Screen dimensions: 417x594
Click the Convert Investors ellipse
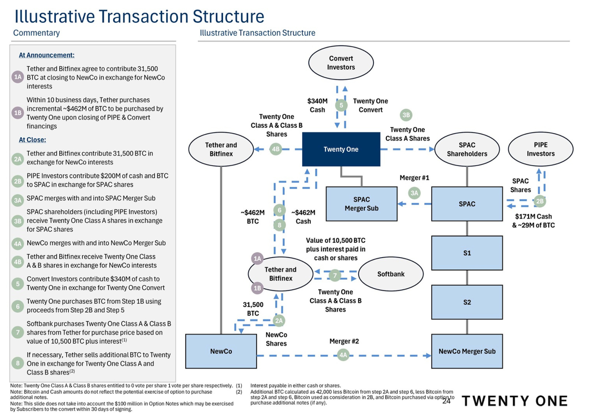point(341,63)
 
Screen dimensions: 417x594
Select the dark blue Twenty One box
point(341,149)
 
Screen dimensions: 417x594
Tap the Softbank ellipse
point(391,274)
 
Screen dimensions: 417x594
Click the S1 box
point(467,253)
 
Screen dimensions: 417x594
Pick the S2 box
point(467,302)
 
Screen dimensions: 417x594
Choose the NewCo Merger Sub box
point(467,351)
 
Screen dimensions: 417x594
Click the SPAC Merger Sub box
point(361,204)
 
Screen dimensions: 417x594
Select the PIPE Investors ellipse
point(540,149)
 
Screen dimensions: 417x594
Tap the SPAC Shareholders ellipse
point(467,149)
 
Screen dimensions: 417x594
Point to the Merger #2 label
point(344,341)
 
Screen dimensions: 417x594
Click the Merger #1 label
point(414,178)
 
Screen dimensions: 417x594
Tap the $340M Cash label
point(317,105)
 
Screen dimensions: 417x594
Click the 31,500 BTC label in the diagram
point(253,309)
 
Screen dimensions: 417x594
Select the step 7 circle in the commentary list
point(17,332)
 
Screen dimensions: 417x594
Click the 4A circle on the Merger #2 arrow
point(343,355)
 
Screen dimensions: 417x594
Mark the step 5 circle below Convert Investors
point(341,105)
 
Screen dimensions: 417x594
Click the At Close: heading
point(33,140)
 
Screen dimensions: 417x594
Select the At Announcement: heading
point(47,55)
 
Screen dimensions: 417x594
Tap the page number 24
point(446,401)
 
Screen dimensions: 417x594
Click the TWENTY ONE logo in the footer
point(515,401)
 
